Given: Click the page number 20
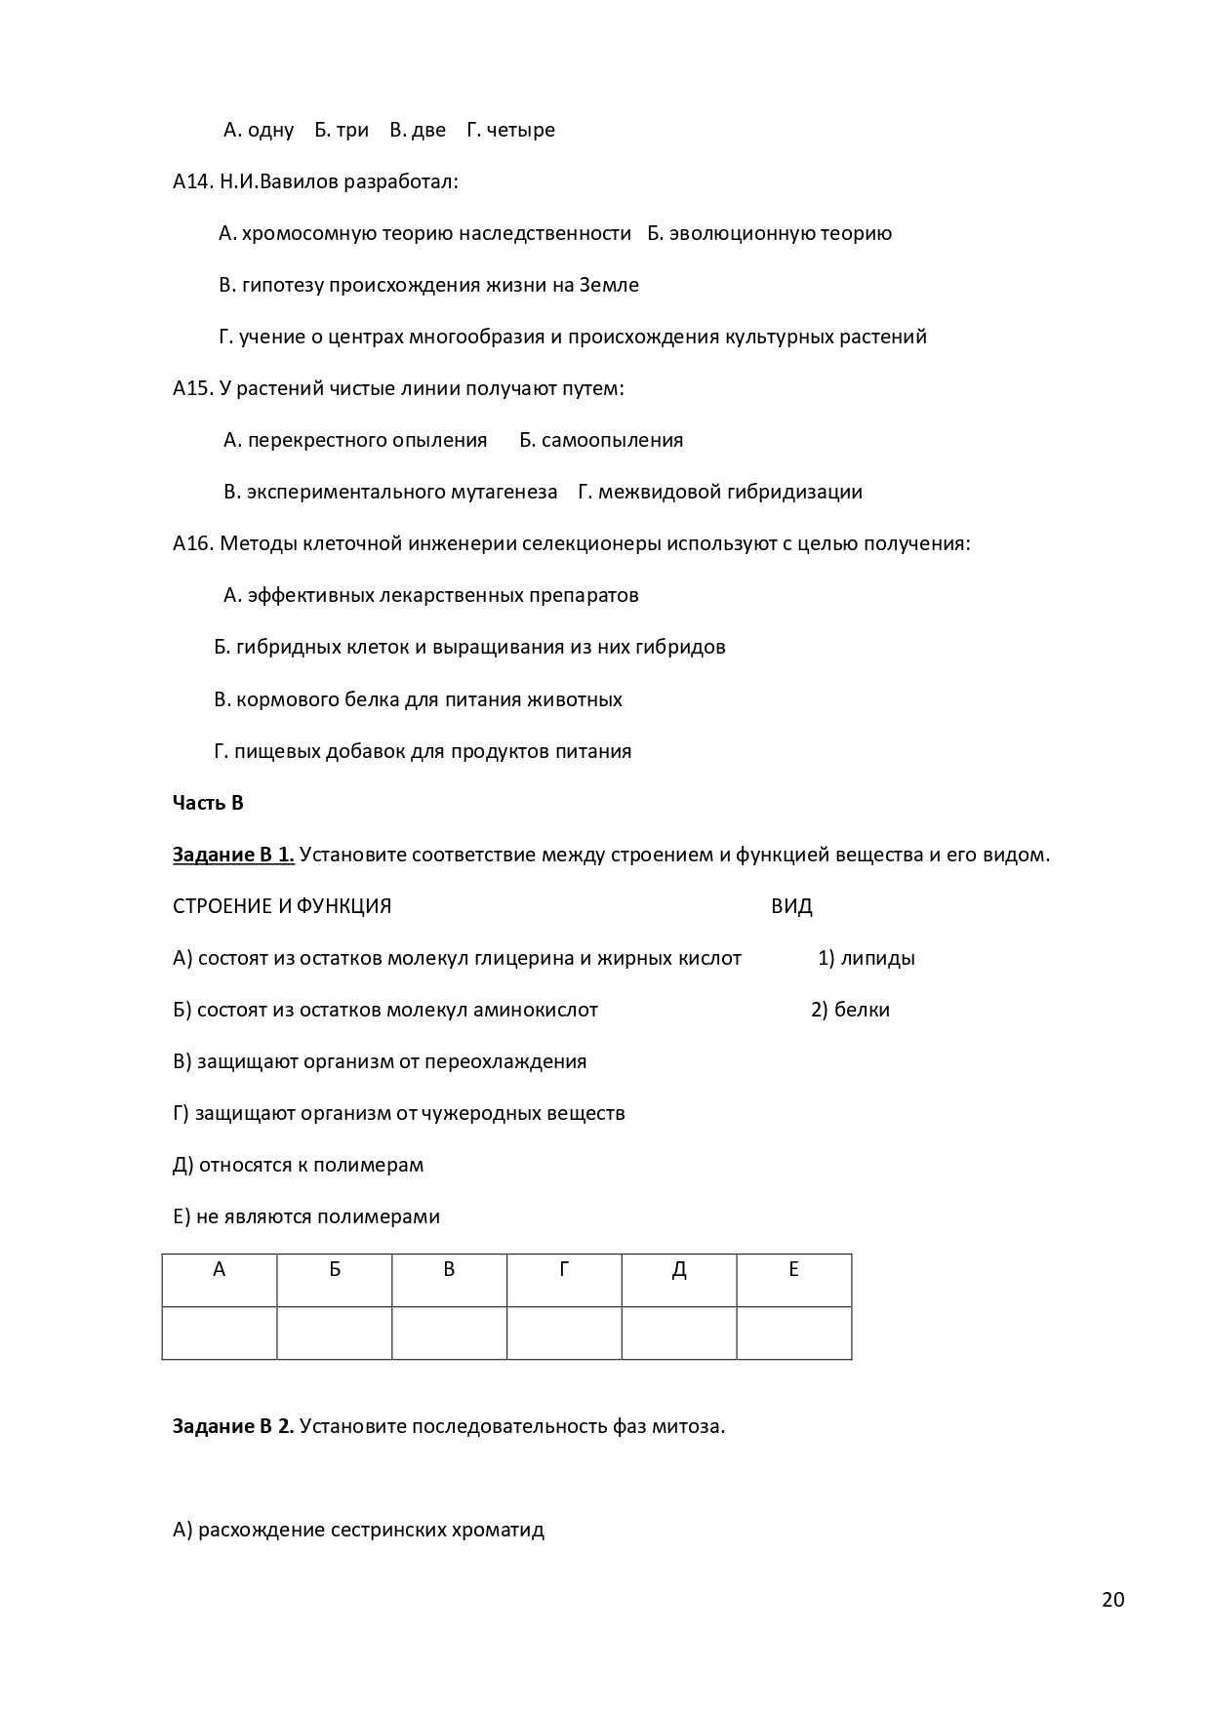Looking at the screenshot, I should [1112, 1600].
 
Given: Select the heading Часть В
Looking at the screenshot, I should [208, 803].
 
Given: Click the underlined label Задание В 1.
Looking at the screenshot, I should [233, 856].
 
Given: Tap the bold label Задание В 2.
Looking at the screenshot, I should [233, 1426].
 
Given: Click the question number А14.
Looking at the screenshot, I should [192, 181].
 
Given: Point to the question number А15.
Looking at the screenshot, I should [192, 388].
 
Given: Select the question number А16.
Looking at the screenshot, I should [192, 543].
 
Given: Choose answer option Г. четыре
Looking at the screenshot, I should [510, 130].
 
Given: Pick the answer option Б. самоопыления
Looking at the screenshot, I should [601, 440].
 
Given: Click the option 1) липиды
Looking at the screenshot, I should [866, 958].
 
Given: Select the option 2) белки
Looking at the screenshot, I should [850, 1010].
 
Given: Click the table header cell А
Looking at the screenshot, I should [219, 1269].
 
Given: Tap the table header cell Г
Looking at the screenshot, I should [564, 1269].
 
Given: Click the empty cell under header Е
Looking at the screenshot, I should [793, 1333].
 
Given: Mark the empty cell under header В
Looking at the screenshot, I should [449, 1333].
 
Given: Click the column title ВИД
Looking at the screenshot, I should [791, 906].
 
